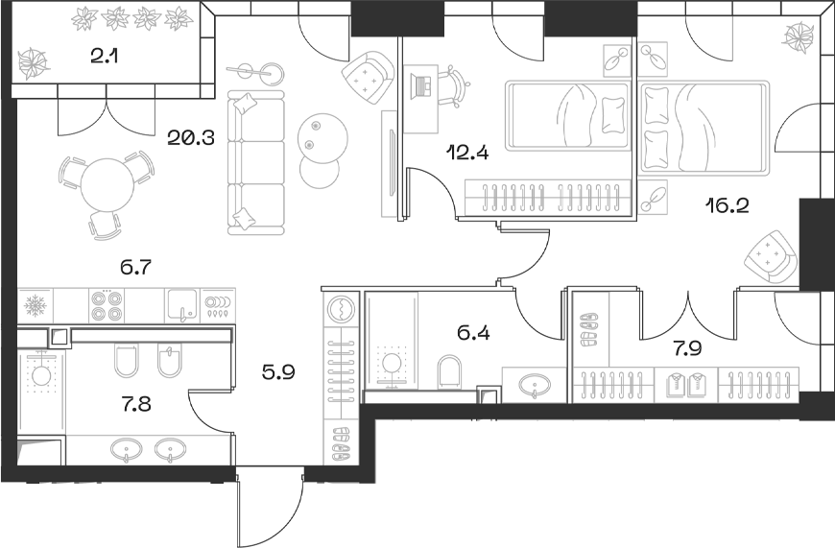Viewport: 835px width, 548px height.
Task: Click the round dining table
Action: coord(107,185)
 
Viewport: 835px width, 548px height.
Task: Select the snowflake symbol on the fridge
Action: coord(35,306)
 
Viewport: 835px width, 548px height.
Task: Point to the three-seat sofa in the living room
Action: coord(256,163)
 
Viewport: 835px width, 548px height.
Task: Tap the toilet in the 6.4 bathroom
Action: coord(448,369)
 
